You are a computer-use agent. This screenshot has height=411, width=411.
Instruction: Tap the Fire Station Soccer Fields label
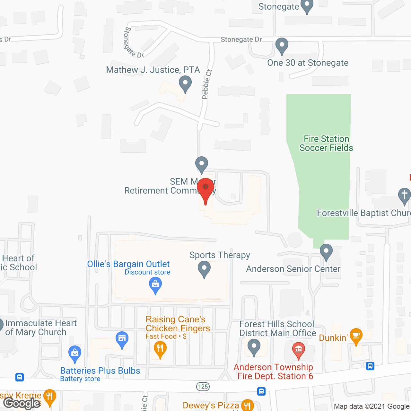326,143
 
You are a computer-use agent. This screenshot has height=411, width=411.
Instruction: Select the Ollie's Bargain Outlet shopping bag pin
155,285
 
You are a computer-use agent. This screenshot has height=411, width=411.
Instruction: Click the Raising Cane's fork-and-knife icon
160,349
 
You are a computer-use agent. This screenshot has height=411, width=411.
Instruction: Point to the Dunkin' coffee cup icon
356,336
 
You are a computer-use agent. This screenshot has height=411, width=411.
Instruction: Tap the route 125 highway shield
203,386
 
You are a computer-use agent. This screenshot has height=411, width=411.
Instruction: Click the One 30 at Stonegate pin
282,46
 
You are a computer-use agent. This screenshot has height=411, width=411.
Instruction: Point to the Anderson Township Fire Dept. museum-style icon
299,349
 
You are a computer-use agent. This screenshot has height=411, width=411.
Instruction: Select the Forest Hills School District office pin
254,347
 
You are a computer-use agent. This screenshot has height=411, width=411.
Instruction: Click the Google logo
22,403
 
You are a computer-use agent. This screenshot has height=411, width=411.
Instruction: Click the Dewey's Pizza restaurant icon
247,405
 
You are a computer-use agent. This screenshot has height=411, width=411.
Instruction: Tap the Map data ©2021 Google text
372,407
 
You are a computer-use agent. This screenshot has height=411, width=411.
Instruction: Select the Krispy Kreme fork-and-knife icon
49,396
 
